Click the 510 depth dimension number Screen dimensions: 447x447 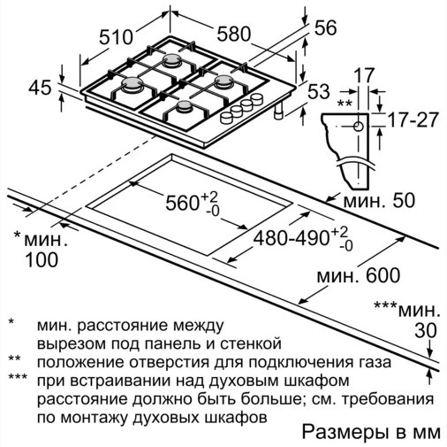click(116, 37)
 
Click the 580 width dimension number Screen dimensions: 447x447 click(233, 34)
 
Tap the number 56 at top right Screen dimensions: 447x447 click(325, 28)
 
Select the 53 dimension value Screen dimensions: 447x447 click(319, 91)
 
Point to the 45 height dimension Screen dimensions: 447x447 click(40, 88)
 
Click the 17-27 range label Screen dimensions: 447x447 click(413, 119)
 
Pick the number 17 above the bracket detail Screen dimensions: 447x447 click(364, 76)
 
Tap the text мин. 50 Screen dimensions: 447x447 click(379, 200)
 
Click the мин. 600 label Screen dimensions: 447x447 click(359, 275)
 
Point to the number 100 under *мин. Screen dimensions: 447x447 click(42, 259)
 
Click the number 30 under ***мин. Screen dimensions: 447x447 click(426, 330)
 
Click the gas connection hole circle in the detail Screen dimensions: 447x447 click(359, 127)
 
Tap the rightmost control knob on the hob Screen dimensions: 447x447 click(257, 98)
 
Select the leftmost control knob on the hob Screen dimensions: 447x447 click(227, 118)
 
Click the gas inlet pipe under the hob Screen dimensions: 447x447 click(278, 112)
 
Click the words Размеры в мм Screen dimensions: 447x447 click(372, 433)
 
